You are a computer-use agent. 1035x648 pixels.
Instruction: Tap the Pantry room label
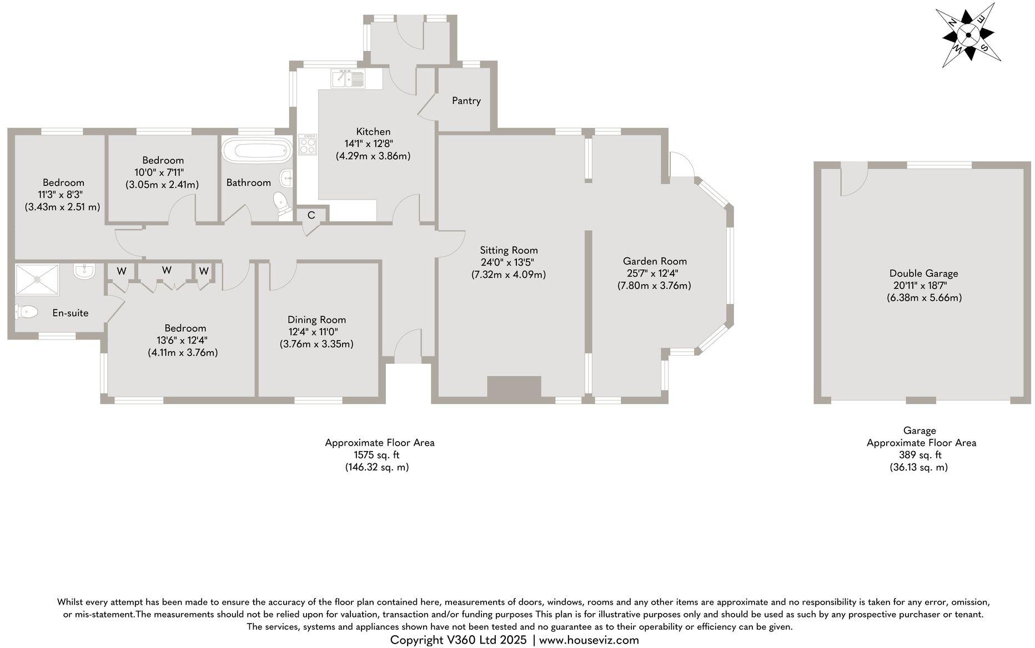point(466,101)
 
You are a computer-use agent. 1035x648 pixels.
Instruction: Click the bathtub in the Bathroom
point(257,150)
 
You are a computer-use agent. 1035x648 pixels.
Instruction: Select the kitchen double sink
point(348,78)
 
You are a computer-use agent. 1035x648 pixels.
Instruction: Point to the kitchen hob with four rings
point(308,145)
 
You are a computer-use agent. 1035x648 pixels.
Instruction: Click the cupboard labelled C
point(311,215)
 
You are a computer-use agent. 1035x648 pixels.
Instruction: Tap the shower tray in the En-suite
point(37,280)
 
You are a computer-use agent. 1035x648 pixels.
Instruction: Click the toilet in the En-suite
point(26,312)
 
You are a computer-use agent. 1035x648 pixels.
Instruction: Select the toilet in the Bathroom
point(282,204)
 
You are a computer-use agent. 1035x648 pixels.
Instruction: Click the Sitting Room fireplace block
point(514,387)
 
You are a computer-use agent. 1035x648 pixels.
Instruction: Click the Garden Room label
point(655,261)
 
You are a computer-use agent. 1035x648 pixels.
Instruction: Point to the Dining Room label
point(316,320)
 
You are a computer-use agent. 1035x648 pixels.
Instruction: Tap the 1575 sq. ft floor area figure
point(376,455)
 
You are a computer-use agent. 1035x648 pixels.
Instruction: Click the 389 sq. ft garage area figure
point(920,455)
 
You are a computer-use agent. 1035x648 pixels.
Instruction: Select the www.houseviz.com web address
point(589,640)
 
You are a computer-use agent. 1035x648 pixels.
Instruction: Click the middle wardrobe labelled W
point(167,270)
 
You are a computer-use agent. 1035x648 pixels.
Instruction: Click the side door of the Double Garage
point(854,179)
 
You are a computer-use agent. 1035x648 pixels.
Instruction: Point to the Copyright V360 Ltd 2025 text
point(458,640)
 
